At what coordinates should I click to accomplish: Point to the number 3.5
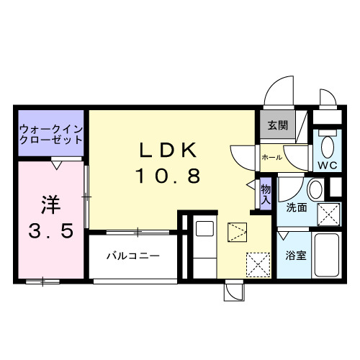pos(50,232)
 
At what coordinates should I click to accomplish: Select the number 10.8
pos(167,176)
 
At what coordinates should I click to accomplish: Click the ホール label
pos(271,156)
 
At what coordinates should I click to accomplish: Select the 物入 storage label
pos(265,193)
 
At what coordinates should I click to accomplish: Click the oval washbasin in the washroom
pos(315,191)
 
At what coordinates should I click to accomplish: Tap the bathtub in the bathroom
pos(328,255)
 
